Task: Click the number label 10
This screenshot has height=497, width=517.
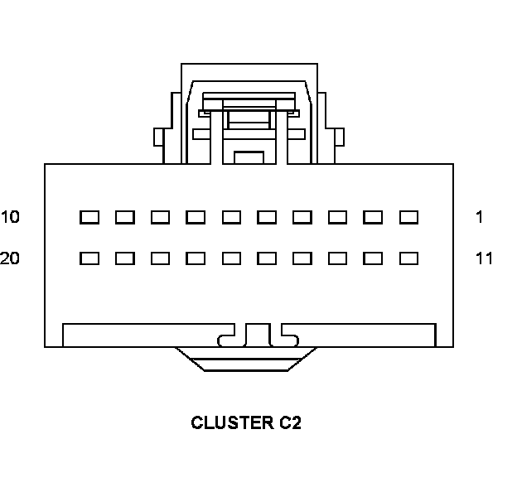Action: pos(10,218)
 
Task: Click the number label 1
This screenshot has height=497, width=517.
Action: pos(480,218)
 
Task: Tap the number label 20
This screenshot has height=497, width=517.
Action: pos(10,258)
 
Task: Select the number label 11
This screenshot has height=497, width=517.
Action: pos(484,258)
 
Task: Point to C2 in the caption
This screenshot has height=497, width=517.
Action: pos(285,423)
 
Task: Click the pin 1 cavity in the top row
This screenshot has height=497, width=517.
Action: pos(408,218)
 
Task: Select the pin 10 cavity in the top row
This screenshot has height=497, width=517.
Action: pos(89,218)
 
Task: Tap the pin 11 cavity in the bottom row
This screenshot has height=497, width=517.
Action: pos(408,258)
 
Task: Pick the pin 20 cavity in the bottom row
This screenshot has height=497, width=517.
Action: pos(89,258)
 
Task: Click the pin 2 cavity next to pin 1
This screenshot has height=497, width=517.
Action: pos(373,218)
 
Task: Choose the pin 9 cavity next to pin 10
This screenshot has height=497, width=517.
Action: pos(125,218)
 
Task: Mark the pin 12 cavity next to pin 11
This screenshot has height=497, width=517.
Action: pos(373,258)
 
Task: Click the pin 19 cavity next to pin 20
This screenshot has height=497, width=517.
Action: pos(125,258)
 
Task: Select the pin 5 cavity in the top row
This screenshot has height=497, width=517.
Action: pos(267,218)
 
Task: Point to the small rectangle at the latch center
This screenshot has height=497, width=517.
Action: pos(249,157)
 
